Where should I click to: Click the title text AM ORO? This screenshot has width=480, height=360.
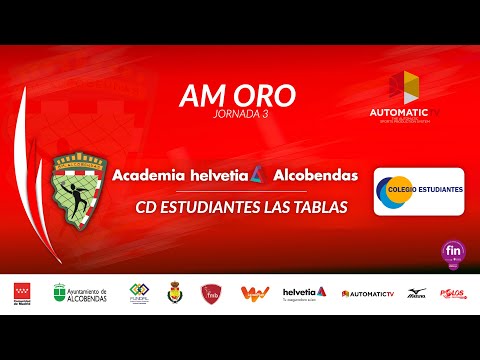(237, 95)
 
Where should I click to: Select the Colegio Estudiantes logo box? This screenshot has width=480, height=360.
(418, 191)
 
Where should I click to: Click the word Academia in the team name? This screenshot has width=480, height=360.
(152, 175)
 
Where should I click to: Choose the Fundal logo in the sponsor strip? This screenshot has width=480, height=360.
(139, 293)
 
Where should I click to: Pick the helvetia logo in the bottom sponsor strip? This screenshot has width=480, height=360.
(304, 292)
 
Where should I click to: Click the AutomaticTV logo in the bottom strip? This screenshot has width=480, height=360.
(368, 293)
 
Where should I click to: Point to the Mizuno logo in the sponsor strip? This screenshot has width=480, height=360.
(414, 293)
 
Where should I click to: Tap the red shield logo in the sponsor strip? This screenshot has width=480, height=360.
(210, 292)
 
